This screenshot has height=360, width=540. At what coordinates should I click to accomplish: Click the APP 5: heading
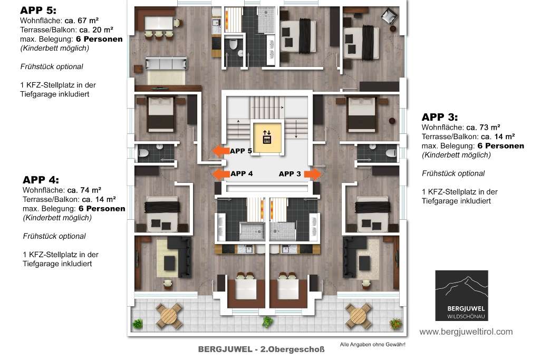(38, 11)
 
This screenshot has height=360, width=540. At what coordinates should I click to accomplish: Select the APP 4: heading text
(41, 180)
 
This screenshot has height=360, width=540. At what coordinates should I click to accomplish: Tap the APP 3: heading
(439, 117)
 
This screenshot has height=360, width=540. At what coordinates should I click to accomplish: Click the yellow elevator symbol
(267, 138)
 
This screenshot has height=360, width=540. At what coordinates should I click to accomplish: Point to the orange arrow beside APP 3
(313, 174)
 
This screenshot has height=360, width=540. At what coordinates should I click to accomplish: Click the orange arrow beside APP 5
(220, 151)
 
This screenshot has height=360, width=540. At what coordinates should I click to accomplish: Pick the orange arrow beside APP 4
(220, 174)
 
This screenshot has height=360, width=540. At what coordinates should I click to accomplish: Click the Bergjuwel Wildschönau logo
(461, 296)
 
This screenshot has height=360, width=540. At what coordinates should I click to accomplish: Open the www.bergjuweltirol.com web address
(466, 332)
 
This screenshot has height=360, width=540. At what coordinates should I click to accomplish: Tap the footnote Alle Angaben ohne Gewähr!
(372, 344)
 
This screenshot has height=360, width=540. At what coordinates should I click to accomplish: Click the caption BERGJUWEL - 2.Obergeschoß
(261, 349)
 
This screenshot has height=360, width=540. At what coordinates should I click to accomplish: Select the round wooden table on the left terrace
(169, 316)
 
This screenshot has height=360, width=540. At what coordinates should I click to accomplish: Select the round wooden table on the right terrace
(359, 316)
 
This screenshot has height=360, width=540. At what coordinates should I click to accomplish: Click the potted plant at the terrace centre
(267, 322)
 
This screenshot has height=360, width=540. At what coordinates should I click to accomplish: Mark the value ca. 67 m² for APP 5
(82, 21)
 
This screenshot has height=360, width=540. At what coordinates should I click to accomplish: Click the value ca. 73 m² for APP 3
(483, 128)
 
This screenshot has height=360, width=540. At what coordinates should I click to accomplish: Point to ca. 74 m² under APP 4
(84, 190)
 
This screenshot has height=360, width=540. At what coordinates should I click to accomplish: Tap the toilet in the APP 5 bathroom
(233, 45)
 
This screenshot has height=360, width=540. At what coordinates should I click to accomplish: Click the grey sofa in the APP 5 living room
(166, 64)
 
